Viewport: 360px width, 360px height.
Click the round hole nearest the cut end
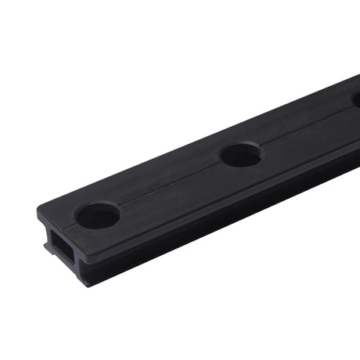(98, 215)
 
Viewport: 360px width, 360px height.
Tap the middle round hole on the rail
(240, 154)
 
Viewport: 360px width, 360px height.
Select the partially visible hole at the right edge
(356, 99)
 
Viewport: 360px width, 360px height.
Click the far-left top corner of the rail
(38, 207)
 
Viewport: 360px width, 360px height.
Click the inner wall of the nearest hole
(98, 210)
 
